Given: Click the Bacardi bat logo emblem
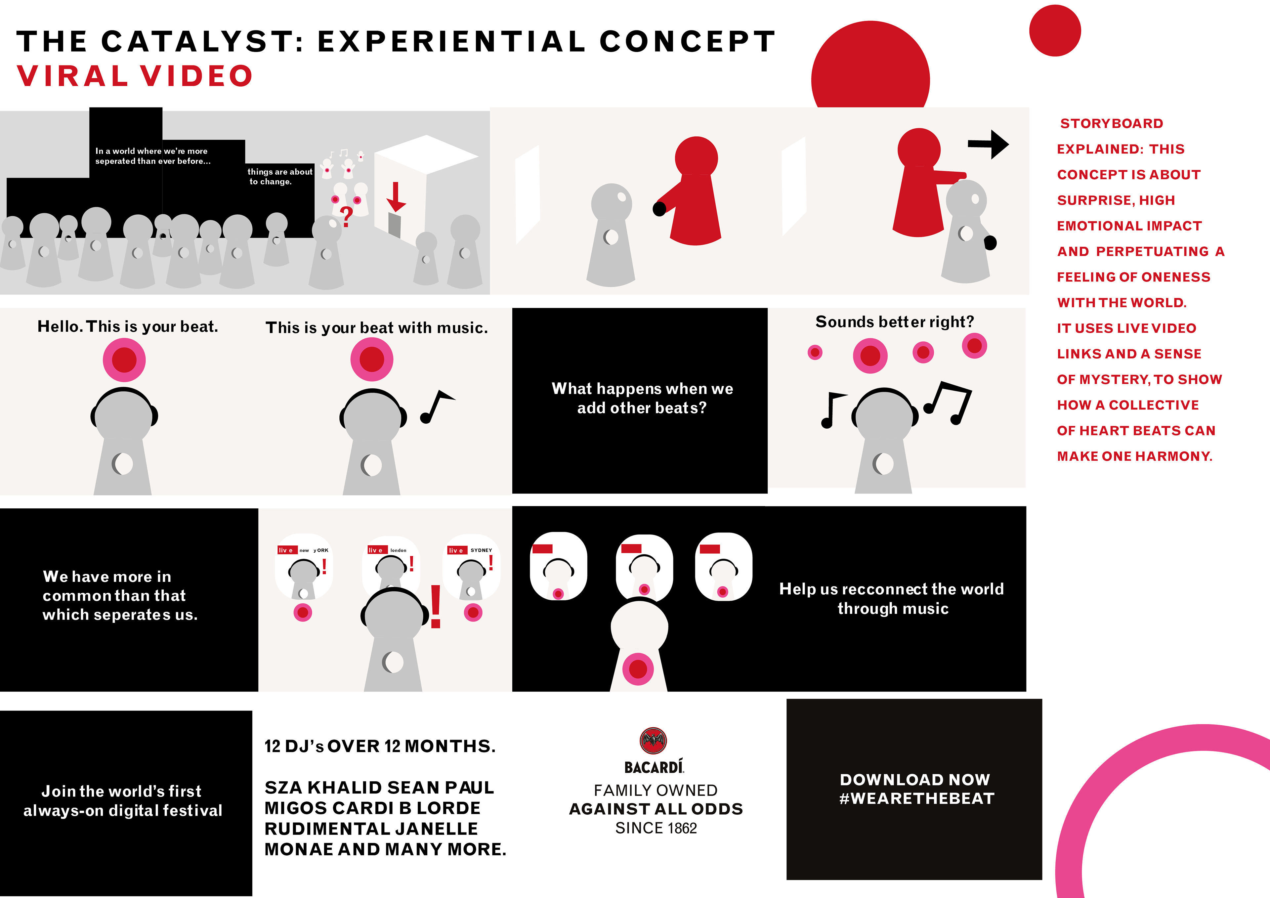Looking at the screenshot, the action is click(x=653, y=740).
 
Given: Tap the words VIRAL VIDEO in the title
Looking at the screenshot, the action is click(x=135, y=76).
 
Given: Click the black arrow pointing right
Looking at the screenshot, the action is click(x=989, y=145).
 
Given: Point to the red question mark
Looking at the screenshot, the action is click(x=346, y=217).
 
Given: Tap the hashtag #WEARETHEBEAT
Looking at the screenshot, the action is click(x=916, y=798).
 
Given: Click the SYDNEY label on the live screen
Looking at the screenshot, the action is click(x=481, y=550).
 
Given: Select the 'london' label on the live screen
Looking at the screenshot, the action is click(x=398, y=550).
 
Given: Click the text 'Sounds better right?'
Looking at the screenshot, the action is click(x=894, y=322).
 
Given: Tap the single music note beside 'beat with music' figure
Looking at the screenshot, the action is click(x=437, y=407).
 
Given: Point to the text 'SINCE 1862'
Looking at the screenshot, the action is click(x=656, y=828).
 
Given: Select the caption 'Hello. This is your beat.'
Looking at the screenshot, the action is click(x=128, y=326).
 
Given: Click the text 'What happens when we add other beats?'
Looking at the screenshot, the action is click(x=642, y=398).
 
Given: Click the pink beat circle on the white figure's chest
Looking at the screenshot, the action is click(x=638, y=669).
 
